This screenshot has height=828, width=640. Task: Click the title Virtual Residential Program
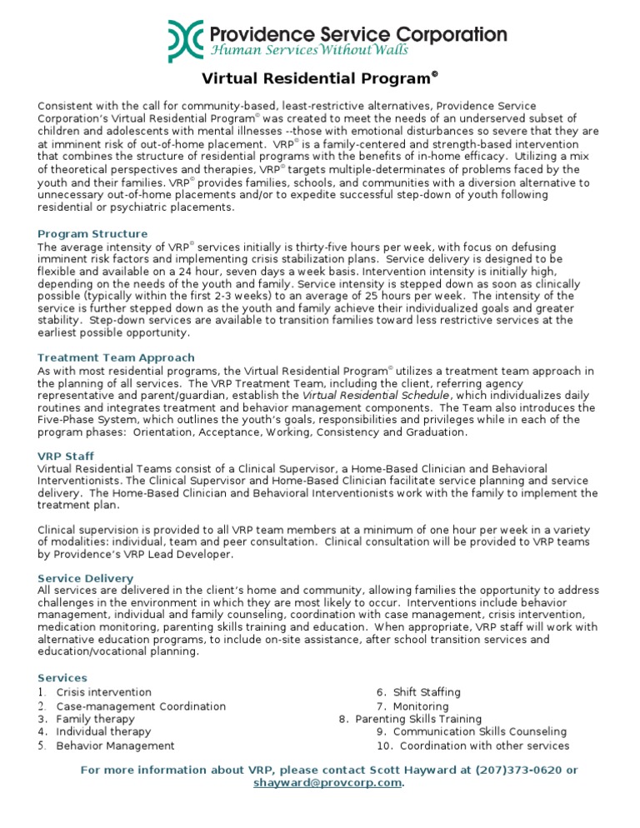(320, 80)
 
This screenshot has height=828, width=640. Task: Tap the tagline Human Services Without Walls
(308, 51)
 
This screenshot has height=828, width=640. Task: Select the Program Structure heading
(92, 234)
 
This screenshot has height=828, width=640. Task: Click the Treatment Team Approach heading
(116, 357)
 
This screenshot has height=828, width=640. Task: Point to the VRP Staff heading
(66, 456)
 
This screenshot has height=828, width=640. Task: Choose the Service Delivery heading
(85, 578)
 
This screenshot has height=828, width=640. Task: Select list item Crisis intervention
(103, 692)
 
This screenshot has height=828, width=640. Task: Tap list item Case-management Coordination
(141, 706)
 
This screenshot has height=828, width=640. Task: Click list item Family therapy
(95, 719)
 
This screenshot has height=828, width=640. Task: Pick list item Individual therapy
(103, 732)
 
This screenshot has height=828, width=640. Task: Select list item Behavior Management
(115, 746)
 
